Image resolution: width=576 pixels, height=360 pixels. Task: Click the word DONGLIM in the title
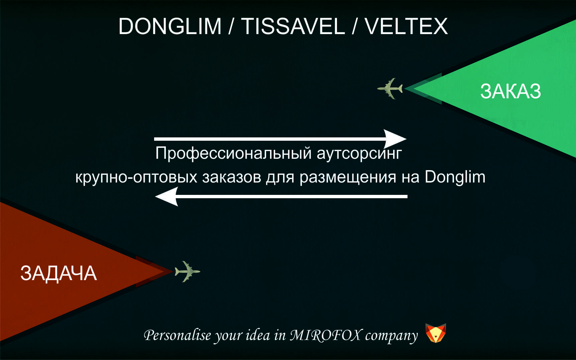point(170,26)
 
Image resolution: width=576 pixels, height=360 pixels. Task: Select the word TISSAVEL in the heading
point(293,26)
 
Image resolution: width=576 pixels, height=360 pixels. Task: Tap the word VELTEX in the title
point(406,26)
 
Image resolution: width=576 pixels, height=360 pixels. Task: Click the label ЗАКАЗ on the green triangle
point(510,91)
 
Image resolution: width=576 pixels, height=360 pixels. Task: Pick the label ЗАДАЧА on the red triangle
point(59,273)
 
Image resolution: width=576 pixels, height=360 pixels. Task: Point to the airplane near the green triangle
point(390,89)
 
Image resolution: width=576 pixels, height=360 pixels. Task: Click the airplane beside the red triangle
point(187,271)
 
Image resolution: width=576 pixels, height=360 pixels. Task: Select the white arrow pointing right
point(280,138)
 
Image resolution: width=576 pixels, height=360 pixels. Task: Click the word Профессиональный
point(234,153)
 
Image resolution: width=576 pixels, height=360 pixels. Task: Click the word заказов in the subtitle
point(231,177)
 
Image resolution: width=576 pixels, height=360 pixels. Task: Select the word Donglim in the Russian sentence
point(455,177)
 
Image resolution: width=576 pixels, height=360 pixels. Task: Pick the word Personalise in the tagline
point(178,335)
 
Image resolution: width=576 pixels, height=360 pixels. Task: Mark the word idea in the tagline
point(258,335)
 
